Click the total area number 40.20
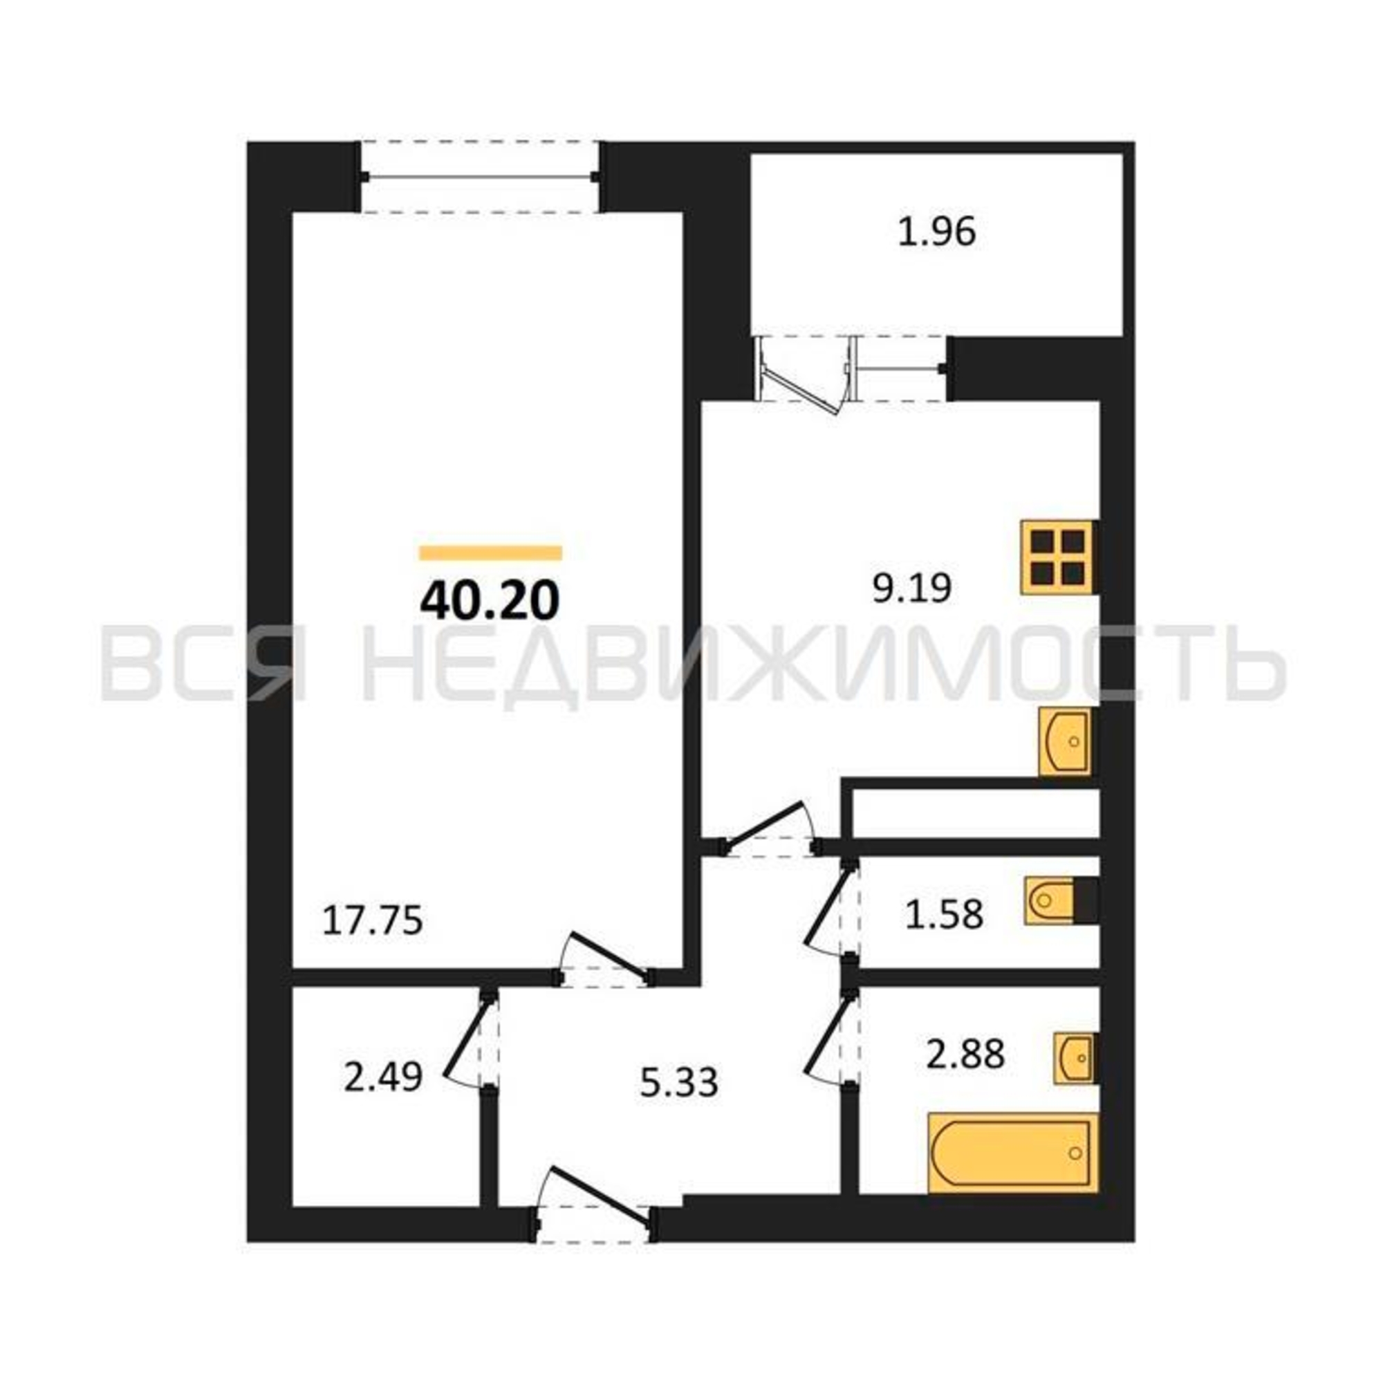tap(490, 602)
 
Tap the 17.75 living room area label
tap(373, 920)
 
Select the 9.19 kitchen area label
tap(911, 589)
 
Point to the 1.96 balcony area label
tap(937, 232)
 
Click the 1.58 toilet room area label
tap(944, 914)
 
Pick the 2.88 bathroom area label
tap(965, 1054)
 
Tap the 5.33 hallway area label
tap(678, 1083)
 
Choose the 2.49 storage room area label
tap(383, 1077)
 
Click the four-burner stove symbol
tap(1058, 556)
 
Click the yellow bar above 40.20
tap(490, 552)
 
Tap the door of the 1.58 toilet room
tap(830, 909)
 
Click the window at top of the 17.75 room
tap(481, 177)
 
